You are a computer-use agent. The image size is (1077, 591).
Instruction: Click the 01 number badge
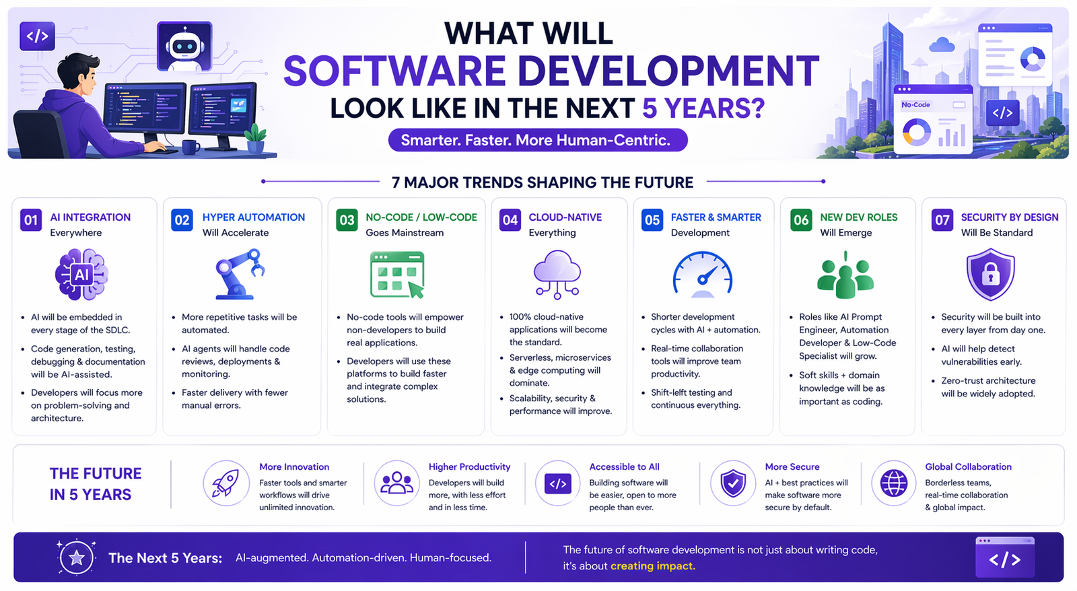pos(31,220)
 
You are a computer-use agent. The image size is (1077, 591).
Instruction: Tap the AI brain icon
pos(81,275)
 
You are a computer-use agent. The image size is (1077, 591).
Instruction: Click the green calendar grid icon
pos(397,275)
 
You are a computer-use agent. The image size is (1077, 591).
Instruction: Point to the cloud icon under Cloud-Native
pos(557,273)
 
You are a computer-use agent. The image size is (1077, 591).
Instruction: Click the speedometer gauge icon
pos(702,275)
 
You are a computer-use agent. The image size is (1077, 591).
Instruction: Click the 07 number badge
pos(942,220)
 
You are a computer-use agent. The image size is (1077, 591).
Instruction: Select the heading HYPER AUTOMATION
pos(254,217)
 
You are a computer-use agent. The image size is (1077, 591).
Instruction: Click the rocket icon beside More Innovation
pos(226,483)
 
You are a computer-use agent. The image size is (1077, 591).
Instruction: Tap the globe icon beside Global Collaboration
pos(894,483)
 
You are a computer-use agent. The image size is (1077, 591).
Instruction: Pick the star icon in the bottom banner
pos(77,557)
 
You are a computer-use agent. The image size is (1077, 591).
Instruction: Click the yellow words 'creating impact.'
pos(653,566)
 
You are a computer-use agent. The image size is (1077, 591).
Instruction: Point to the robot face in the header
pos(184,46)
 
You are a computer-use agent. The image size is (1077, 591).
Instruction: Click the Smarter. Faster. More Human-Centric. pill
pos(537,140)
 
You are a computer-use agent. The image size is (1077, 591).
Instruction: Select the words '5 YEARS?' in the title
pos(703,108)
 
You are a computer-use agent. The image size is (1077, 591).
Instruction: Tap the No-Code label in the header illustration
pos(915,105)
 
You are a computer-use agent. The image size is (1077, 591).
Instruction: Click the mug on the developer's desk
pos(190,146)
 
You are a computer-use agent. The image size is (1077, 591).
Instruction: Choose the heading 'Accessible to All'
pos(624,466)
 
